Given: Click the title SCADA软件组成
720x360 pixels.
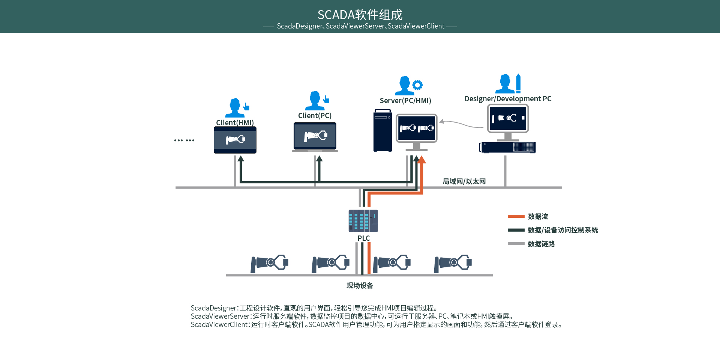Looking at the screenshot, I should coord(360,15).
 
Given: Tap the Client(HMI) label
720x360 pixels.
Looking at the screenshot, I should coord(235,123).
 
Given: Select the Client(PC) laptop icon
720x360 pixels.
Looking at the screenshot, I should coord(315,136).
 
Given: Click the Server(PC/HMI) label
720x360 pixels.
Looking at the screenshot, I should coord(405,100).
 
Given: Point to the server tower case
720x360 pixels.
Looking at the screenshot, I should coord(382,131).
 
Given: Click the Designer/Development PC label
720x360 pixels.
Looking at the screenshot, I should coord(508,99).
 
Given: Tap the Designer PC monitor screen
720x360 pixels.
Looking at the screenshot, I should coord(508,118).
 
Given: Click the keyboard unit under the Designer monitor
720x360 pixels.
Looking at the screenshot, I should coord(508,147).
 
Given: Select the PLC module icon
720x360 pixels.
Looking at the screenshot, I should coord(363,221).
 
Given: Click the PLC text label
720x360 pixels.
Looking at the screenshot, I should coord(363,238).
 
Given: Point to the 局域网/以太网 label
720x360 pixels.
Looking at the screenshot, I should coord(464,181).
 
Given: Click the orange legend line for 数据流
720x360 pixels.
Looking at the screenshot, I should coord(516,216).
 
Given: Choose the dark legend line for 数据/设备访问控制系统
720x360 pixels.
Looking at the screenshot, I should coord(516,230).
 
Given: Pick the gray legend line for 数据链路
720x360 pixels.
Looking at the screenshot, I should coord(516,244).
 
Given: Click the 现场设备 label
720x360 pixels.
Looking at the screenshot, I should coord(360,285).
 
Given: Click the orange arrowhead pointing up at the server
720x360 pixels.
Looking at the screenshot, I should coord(421,160).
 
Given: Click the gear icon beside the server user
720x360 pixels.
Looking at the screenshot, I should coord(417,85).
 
